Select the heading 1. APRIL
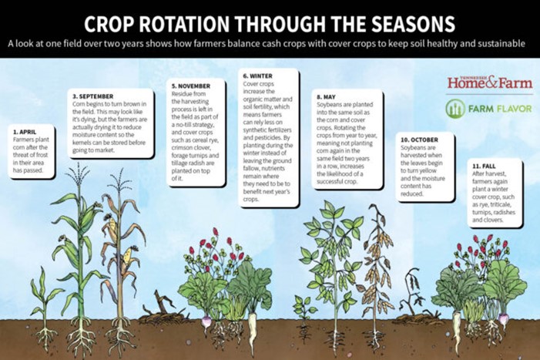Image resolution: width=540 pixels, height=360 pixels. (25, 132)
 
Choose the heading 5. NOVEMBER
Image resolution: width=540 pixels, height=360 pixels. (189, 85)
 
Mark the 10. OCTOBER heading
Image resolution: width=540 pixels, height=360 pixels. (419, 139)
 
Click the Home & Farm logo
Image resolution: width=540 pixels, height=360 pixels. (489, 82)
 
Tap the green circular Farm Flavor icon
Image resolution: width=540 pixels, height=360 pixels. (456, 108)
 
